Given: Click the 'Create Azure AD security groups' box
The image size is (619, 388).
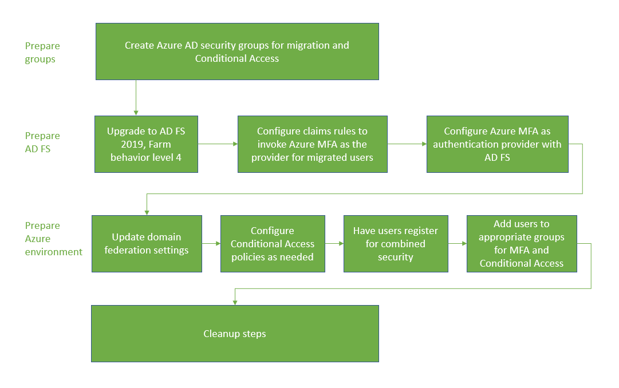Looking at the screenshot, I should [236, 52].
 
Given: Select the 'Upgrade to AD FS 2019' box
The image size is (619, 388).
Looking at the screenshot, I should [146, 144].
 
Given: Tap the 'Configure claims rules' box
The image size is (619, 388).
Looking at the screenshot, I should [312, 144].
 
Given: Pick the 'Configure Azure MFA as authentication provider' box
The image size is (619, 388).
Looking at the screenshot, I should [497, 144].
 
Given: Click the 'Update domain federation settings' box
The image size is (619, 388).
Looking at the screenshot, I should [147, 244].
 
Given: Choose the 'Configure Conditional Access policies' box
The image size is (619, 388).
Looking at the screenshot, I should [273, 244].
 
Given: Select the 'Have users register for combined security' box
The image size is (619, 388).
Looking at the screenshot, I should [395, 244].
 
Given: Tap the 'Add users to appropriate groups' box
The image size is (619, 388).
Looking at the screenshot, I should [521, 244].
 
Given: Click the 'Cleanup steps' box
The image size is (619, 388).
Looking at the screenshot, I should [235, 334].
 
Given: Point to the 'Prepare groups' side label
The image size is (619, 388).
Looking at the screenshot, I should [42, 52].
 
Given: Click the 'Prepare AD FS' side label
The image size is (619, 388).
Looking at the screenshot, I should [42, 142].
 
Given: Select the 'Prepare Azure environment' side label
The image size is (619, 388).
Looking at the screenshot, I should [53, 239].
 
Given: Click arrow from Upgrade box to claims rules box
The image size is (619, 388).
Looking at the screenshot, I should [218, 144].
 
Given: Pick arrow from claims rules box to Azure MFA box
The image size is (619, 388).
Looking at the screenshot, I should [407, 144].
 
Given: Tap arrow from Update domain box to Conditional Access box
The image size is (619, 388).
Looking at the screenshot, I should [211, 244].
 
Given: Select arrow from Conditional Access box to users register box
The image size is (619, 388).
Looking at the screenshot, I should [334, 244].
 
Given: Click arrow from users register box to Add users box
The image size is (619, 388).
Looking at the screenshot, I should [457, 244].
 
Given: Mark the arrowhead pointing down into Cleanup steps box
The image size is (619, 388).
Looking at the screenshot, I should [235, 302].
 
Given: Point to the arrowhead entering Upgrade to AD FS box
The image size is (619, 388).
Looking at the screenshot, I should [136, 113].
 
